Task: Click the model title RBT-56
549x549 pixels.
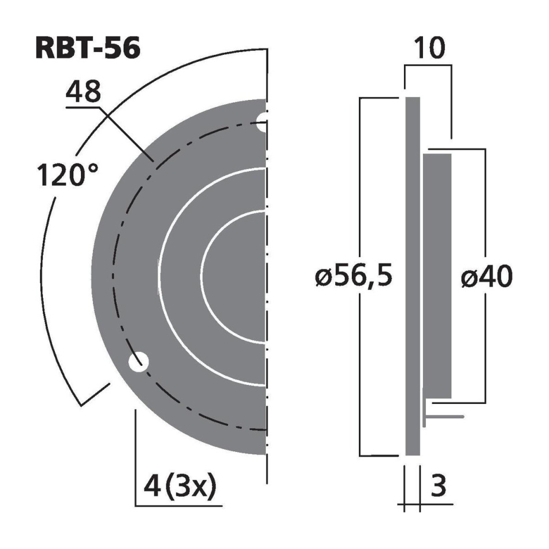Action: point(87,49)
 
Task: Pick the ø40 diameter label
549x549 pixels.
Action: point(486,278)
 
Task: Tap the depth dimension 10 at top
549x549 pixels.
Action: point(429,49)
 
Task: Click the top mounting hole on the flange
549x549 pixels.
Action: point(263,120)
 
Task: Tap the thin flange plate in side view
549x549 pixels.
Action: point(412,277)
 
